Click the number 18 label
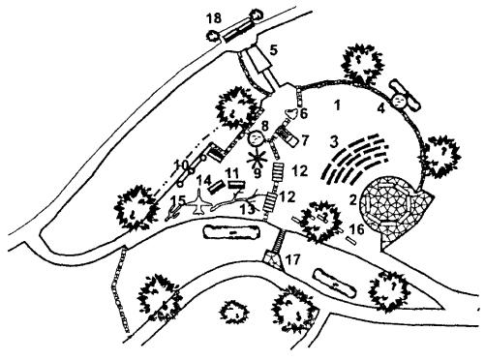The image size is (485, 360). coord(214,18)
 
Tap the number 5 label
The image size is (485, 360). coord(274,50)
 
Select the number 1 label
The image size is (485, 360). coord(338,105)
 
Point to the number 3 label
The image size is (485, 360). coord(334,141)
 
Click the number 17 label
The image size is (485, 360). coord(293,259)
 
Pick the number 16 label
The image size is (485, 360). coord(357,229)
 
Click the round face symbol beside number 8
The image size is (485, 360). coord(256,138)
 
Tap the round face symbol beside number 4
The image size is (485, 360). coord(400,101)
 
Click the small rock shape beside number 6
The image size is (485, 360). coord(291,113)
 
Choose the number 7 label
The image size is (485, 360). coord(305,140)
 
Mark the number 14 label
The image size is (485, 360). coord(204,180)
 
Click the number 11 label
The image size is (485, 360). coord(232,173)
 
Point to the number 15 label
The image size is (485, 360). coord(178,200)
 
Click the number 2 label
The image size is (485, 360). coord(353,200)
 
